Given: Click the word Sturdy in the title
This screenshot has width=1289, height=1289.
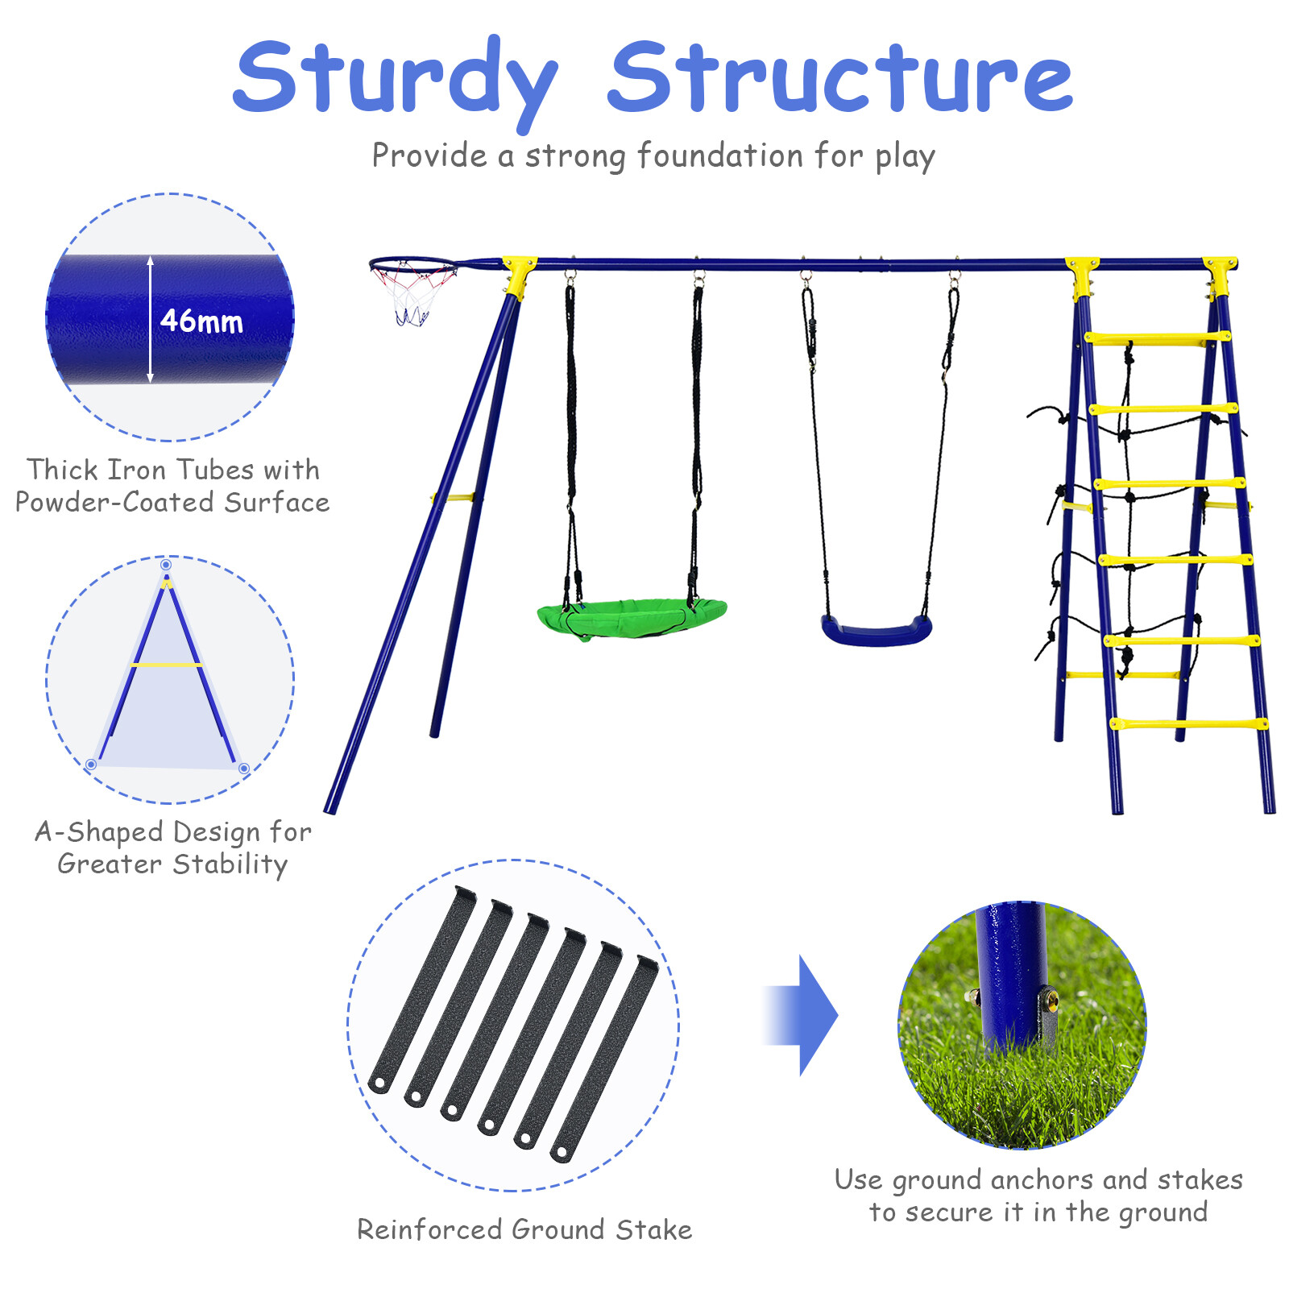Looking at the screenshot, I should [x=395, y=79].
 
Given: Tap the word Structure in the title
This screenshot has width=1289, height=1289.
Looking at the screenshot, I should [x=839, y=79].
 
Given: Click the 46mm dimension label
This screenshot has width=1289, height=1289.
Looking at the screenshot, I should [x=201, y=321].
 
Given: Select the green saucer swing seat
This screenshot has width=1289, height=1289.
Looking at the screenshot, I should [x=632, y=619].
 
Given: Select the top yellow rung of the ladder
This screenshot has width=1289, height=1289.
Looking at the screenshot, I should [x=1156, y=338].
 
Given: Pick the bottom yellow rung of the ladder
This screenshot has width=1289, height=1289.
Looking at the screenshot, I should [x=1187, y=724].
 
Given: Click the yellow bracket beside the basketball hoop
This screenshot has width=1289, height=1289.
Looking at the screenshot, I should [x=518, y=272].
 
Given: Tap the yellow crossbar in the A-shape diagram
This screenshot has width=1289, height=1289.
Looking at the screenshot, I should [x=167, y=665].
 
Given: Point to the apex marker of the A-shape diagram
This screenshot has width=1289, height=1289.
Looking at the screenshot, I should [x=166, y=565].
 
